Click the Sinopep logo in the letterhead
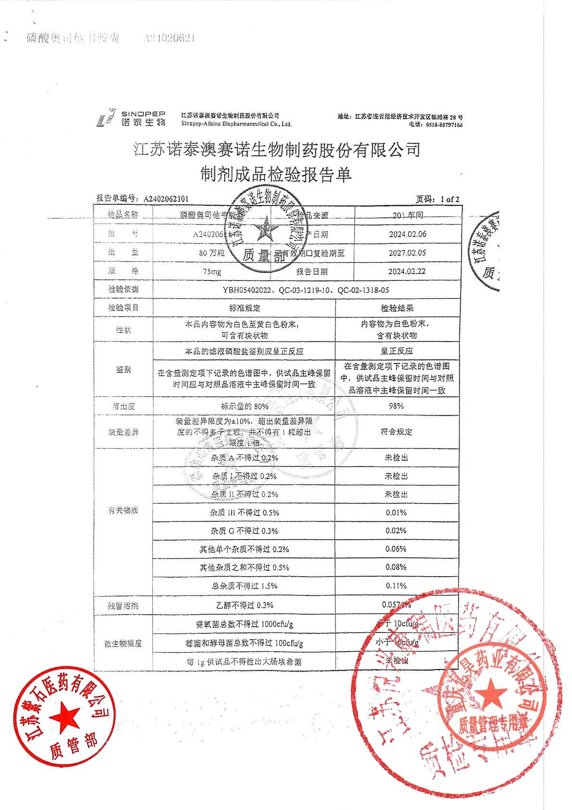[x=131, y=117]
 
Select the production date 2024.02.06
[x=408, y=234]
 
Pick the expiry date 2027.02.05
[x=408, y=253]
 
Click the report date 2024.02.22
[x=408, y=271]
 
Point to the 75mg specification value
[x=212, y=272]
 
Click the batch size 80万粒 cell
[x=212, y=253]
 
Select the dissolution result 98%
[x=396, y=406]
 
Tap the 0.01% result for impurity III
[x=396, y=513]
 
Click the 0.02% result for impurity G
[x=396, y=531]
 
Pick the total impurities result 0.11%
[x=396, y=586]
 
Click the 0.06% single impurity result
[x=396, y=549]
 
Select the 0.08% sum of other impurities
[x=396, y=567]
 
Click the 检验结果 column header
[x=397, y=308]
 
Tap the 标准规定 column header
[x=244, y=308]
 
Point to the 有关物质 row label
[x=123, y=510]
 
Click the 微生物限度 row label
[x=123, y=644]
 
